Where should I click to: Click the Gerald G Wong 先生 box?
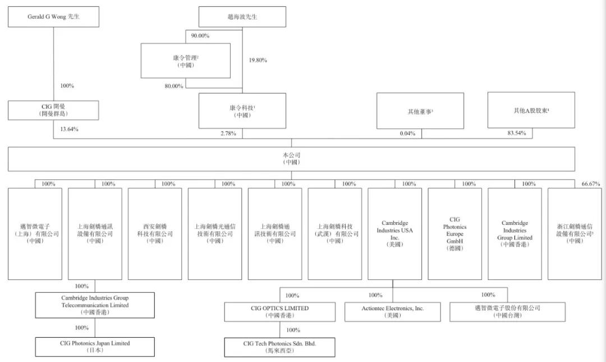tap(53, 17)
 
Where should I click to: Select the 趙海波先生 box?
tap(242, 17)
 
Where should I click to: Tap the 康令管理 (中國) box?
tap(186, 61)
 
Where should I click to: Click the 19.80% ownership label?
tap(258, 60)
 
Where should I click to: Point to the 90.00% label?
tap(200, 35)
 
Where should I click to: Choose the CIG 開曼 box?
tap(53, 110)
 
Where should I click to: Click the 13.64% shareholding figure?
tap(69, 129)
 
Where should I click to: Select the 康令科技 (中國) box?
tap(242, 111)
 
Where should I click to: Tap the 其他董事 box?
tap(420, 111)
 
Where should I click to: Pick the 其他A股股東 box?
tap(531, 110)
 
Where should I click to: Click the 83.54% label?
tap(517, 133)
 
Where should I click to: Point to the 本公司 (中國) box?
tap(291, 159)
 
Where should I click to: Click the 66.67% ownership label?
tap(591, 184)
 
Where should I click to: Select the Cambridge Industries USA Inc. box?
tap(394, 234)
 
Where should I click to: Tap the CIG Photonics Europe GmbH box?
tap(455, 234)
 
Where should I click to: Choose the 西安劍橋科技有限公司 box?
tap(155, 234)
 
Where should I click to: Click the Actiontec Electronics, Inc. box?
tap(393, 311)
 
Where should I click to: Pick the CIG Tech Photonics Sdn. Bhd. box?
tap(280, 347)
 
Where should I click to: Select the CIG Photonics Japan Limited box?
tap(95, 346)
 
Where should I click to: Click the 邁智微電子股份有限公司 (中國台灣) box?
tap(507, 311)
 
